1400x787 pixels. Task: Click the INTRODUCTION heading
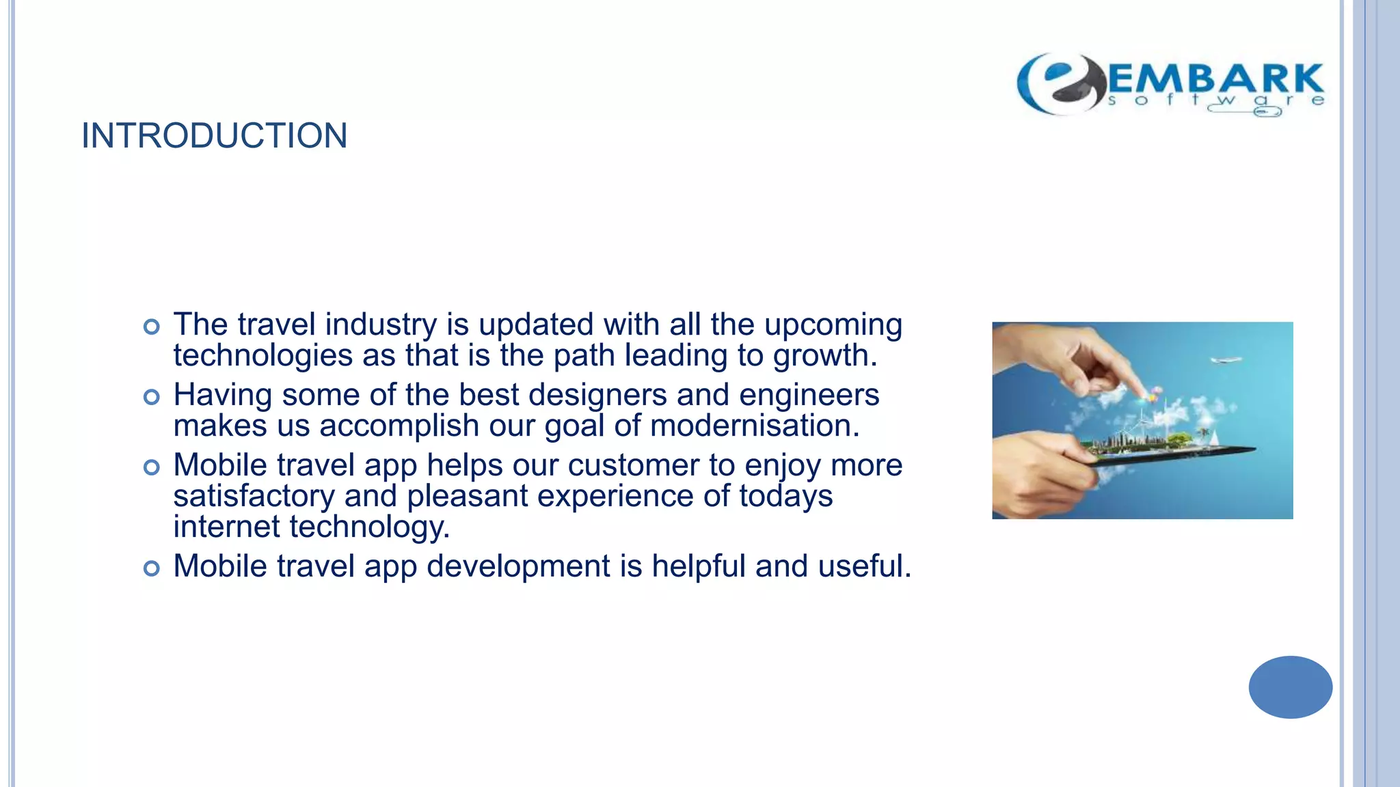214,135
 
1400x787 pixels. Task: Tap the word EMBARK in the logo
1215,79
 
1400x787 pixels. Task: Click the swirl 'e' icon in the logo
1061,83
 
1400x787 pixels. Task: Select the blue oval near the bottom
1290,687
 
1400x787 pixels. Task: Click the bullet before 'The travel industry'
152,327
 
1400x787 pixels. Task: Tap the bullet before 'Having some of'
152,397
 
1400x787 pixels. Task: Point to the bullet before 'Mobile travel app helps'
152,467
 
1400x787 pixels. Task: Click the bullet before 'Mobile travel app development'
152,568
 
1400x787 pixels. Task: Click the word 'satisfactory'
254,497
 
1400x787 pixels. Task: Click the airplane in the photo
1225,359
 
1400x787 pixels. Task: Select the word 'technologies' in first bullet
262,357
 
